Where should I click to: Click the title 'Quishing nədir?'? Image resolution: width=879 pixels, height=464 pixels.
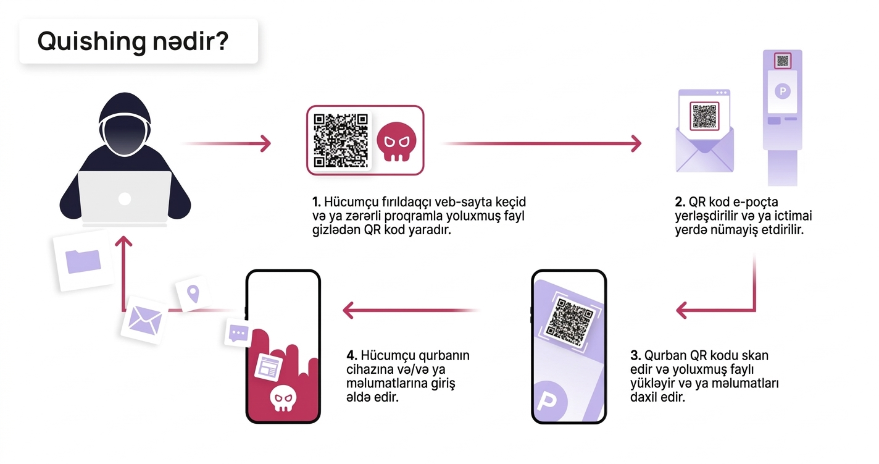click(133, 41)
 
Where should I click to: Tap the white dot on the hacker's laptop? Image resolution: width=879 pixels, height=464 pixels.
click(125, 198)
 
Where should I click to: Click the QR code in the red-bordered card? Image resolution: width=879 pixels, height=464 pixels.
click(341, 140)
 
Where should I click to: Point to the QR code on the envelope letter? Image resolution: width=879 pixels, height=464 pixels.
click(704, 116)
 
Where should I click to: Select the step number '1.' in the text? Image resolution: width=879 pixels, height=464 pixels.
click(317, 203)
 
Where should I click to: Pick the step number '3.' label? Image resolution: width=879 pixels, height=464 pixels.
click(635, 356)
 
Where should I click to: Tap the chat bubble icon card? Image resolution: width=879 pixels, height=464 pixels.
click(238, 333)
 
